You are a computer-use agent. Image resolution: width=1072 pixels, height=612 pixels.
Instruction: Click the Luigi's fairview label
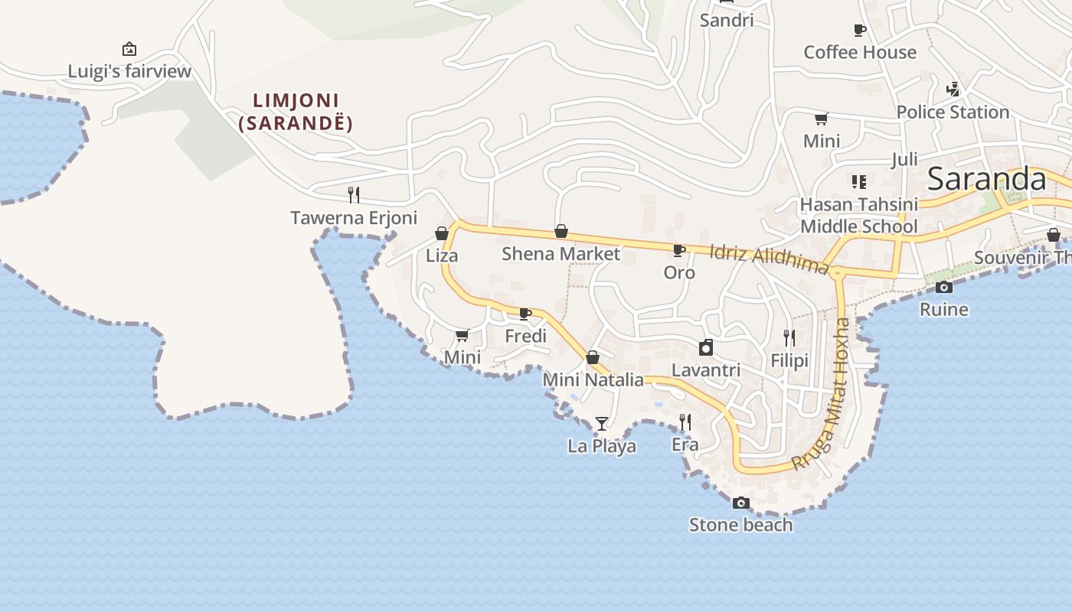point(129,72)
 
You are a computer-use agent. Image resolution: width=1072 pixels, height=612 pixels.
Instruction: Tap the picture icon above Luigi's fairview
point(129,49)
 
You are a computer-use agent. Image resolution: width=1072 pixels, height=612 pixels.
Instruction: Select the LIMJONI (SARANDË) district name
point(296,112)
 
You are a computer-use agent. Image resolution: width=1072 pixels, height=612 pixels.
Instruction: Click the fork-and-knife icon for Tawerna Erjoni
point(354,194)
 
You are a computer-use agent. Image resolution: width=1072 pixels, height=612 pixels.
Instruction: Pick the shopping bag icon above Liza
point(442,233)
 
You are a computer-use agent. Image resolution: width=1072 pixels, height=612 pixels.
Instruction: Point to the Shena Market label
point(561,253)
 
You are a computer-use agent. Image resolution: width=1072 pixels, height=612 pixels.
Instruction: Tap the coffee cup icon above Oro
point(678,250)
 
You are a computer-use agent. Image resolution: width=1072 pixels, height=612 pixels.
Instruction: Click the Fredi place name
point(526,336)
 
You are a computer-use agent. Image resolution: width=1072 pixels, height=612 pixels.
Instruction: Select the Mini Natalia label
point(593,379)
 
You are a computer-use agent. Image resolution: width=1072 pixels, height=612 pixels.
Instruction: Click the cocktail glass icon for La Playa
point(602,423)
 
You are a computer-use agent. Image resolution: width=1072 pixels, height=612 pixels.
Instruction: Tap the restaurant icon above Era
point(685,422)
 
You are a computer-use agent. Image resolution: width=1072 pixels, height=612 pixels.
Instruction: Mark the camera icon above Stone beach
point(740,503)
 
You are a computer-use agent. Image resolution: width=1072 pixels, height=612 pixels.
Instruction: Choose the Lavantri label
point(706,370)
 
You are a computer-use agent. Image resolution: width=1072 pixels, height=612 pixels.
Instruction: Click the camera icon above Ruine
point(944,287)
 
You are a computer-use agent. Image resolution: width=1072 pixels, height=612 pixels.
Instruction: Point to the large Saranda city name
point(986,179)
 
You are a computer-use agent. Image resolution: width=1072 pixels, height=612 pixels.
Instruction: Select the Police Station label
point(953,112)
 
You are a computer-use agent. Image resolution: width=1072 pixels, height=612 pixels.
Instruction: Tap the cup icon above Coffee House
point(860,31)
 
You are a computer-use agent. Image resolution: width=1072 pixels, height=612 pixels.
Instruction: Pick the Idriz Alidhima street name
point(769,258)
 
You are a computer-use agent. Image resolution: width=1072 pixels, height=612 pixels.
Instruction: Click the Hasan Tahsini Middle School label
point(858,215)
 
